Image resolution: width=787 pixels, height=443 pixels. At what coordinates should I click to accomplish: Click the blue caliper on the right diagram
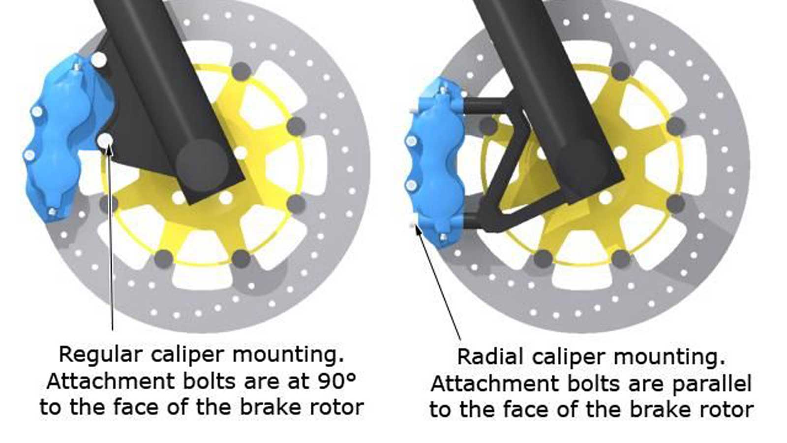coord(436,162)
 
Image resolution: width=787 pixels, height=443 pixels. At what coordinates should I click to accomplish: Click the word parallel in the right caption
coord(713,384)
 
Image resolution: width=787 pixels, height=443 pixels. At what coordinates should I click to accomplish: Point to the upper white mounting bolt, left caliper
coord(99,60)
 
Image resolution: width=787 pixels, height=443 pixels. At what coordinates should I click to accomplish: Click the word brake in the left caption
coord(270,407)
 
